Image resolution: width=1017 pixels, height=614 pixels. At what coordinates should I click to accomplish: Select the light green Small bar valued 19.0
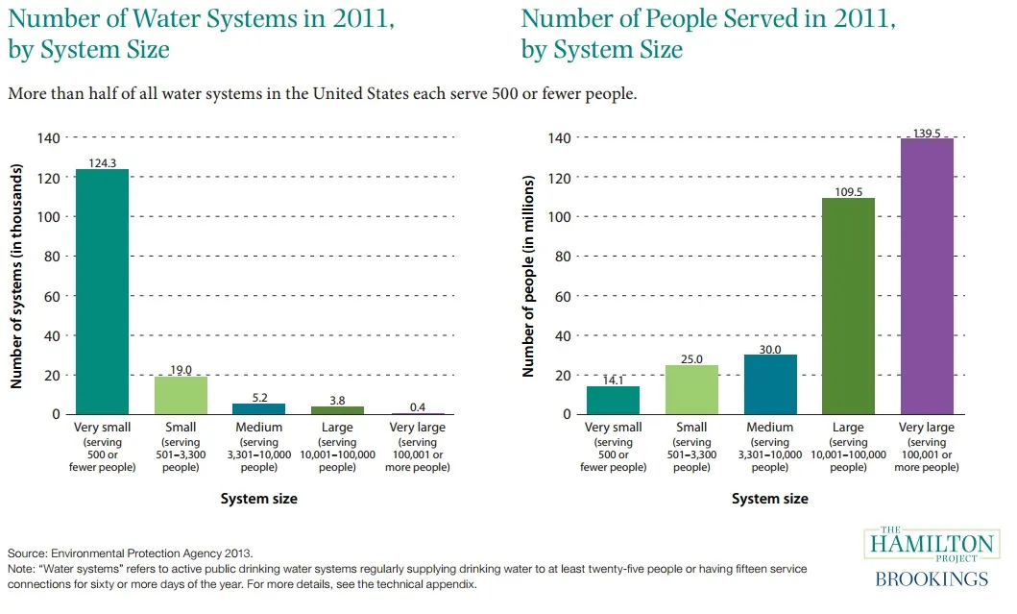181,395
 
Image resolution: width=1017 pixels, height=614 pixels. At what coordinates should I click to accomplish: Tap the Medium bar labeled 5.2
259,408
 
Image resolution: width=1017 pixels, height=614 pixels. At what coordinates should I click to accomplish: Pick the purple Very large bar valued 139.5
927,276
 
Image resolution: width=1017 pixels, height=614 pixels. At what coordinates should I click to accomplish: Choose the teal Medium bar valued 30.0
770,384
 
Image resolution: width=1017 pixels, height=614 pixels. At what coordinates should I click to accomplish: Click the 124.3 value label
102,162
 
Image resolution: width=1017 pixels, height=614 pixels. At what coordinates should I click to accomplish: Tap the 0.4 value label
417,406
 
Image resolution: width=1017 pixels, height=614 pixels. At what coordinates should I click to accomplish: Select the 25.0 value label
691,358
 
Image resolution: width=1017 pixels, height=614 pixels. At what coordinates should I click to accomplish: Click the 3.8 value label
338,400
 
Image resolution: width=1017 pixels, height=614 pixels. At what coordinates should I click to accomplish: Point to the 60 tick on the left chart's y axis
49,296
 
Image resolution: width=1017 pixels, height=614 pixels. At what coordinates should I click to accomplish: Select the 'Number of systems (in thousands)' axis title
16,275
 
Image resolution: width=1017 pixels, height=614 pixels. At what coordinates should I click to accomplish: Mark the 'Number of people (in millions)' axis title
527,275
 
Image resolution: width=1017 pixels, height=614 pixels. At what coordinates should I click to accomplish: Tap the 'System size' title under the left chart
259,499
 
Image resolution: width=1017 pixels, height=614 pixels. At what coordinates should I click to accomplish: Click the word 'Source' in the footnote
27,553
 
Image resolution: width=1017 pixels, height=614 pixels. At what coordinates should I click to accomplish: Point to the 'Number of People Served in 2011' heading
708,18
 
